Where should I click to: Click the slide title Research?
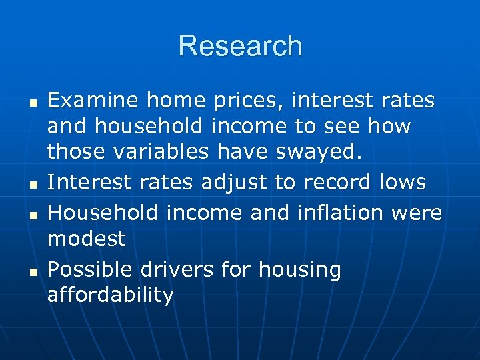click(x=240, y=46)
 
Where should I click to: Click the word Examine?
click(x=93, y=101)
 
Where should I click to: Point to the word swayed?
click(x=322, y=152)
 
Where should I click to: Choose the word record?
click(x=341, y=183)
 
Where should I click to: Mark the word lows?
click(x=402, y=183)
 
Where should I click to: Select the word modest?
click(x=87, y=238)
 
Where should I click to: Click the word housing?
click(x=300, y=270)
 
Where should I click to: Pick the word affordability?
click(x=110, y=295)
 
